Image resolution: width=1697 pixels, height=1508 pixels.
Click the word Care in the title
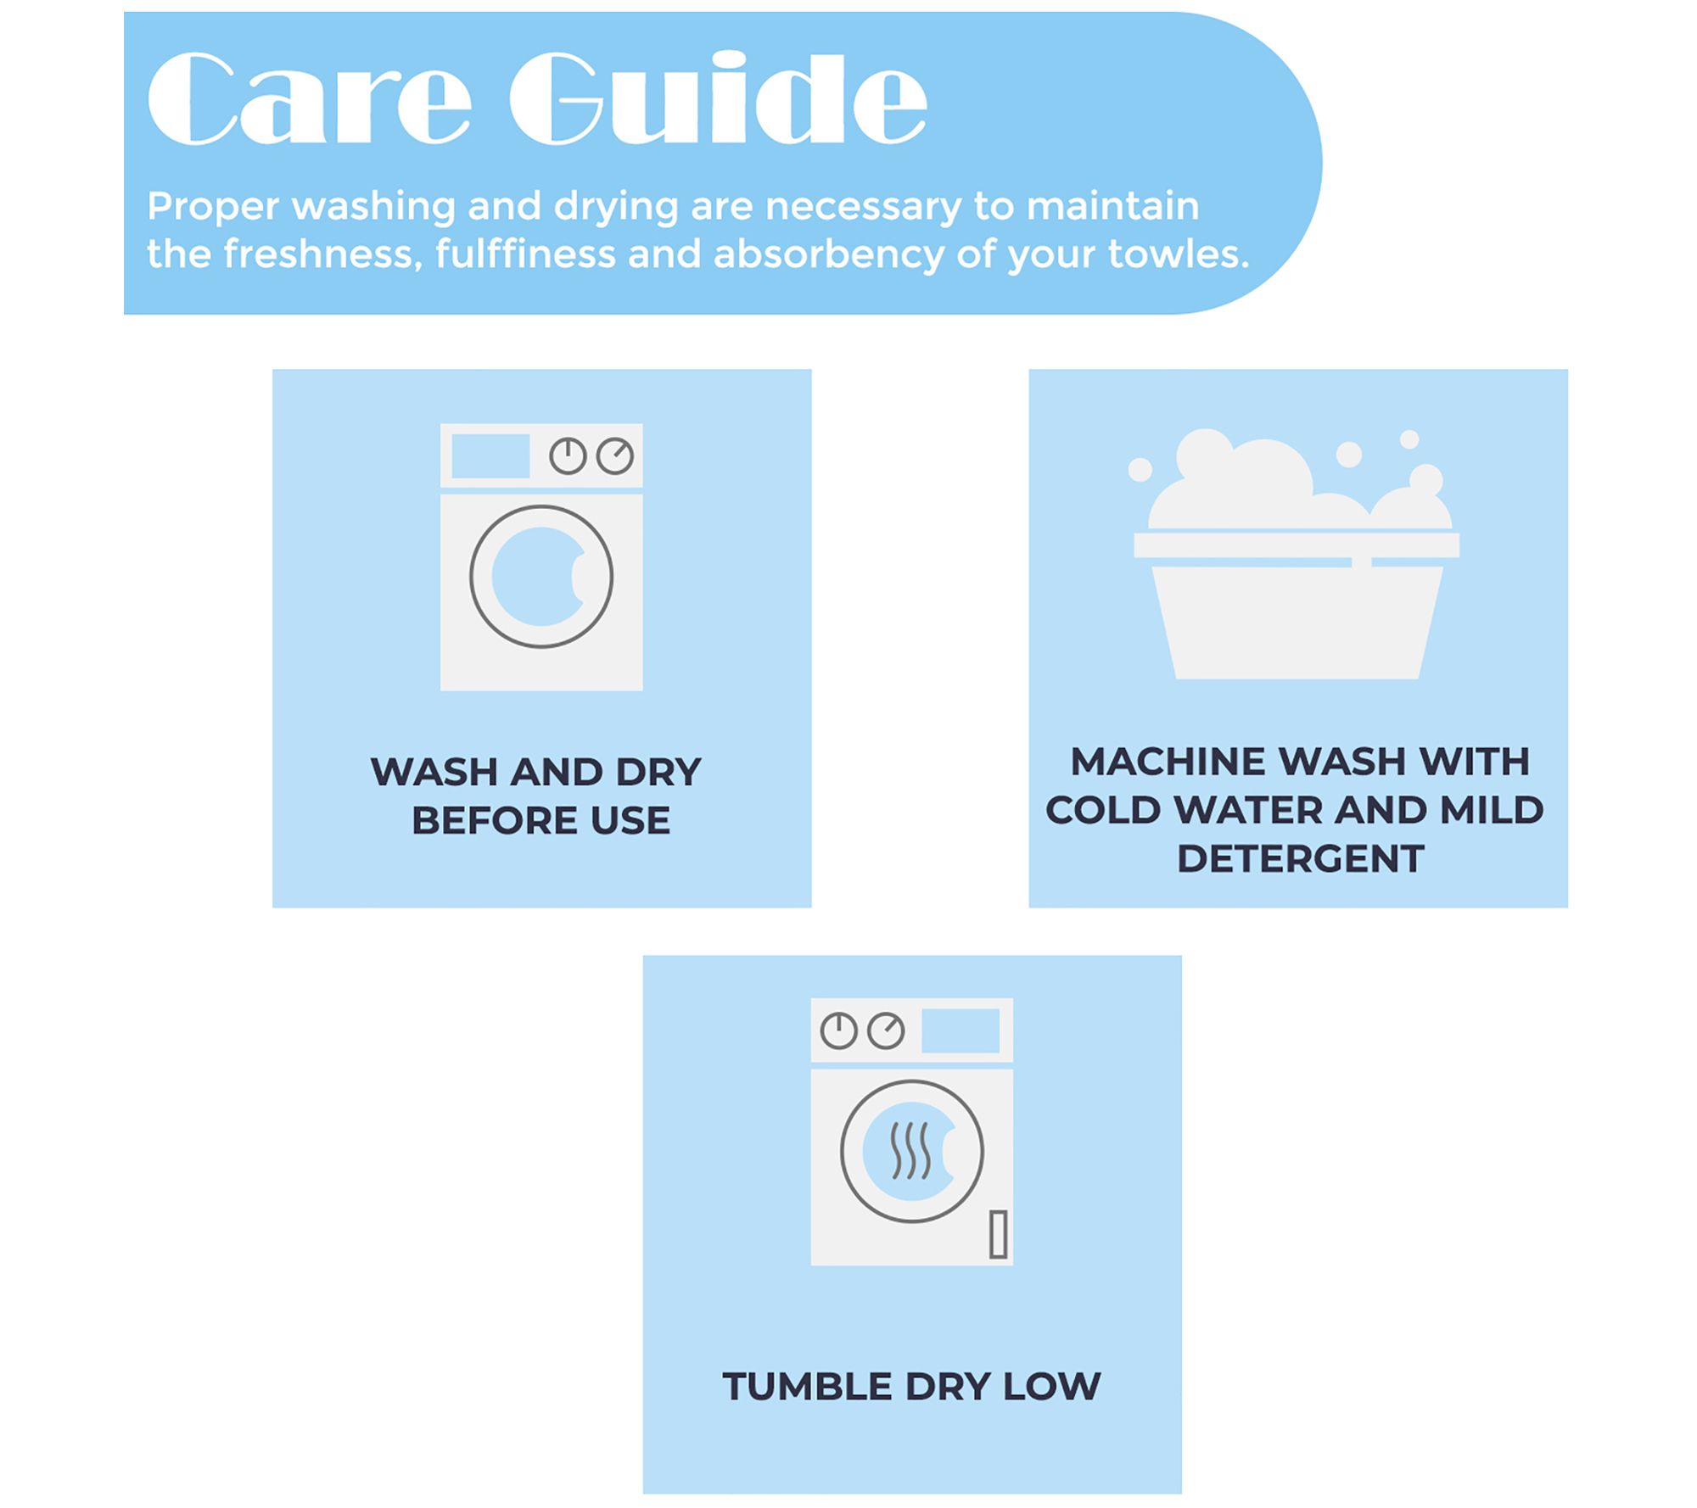click(x=309, y=98)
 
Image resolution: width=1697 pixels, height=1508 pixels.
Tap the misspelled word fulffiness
click(x=525, y=254)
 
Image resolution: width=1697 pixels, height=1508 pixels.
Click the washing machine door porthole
click(x=541, y=577)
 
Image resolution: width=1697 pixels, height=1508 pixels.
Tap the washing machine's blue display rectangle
click(x=490, y=456)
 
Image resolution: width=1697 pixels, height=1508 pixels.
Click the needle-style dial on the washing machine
click(x=615, y=456)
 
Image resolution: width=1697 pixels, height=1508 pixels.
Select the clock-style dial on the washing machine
click(x=568, y=456)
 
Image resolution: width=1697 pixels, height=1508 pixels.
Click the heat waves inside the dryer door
click(x=910, y=1151)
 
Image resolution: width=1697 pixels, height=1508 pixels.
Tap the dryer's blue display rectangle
click(x=961, y=1030)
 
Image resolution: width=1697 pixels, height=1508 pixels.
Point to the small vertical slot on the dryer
click(x=999, y=1234)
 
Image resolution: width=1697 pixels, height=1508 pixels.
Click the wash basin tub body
click(x=1297, y=623)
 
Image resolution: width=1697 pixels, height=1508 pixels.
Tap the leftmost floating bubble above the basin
click(x=1140, y=469)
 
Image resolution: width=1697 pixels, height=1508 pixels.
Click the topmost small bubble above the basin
click(x=1409, y=439)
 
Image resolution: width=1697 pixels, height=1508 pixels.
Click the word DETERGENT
click(x=1300, y=859)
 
